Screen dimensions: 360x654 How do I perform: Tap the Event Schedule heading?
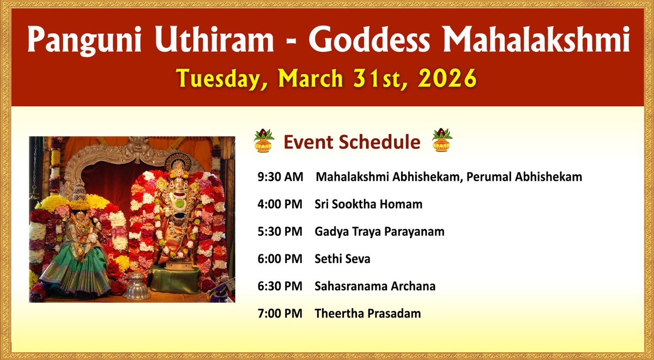(x=352, y=142)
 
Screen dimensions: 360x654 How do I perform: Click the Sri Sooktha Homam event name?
(x=368, y=204)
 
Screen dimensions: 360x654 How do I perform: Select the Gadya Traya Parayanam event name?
(x=379, y=231)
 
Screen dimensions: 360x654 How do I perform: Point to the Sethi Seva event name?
(x=342, y=259)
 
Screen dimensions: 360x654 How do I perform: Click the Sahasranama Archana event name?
(x=375, y=286)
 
